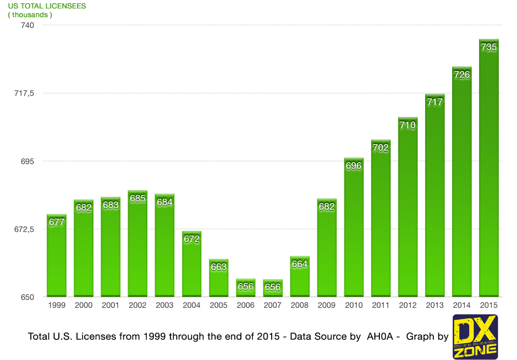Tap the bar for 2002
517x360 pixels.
tap(137, 247)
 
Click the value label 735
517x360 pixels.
tap(488, 47)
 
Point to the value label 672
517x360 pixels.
tap(191, 239)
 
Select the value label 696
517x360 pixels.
tap(354, 165)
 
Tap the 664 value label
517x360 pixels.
tap(300, 264)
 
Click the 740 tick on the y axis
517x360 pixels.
tap(28, 25)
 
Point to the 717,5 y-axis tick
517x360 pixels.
tap(24, 93)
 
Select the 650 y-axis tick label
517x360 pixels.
tap(28, 297)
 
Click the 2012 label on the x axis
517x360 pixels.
tap(408, 306)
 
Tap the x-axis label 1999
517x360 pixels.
tap(57, 306)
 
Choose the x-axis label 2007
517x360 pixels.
tap(272, 306)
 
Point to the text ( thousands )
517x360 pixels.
tap(31, 14)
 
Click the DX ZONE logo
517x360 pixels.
tap(475, 336)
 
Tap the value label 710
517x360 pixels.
tap(408, 125)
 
